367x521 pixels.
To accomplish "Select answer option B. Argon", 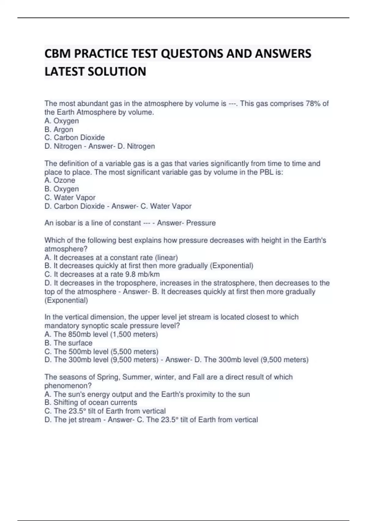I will [59, 129].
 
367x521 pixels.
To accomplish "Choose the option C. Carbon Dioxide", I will [75, 138].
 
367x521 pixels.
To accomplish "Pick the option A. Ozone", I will [60, 180].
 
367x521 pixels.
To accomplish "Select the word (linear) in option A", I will [166, 257].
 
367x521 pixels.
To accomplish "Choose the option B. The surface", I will [68, 343].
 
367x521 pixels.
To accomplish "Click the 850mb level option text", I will [101, 334].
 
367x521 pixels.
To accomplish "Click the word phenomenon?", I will [68, 386].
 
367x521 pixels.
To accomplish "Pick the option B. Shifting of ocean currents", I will [91, 402].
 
